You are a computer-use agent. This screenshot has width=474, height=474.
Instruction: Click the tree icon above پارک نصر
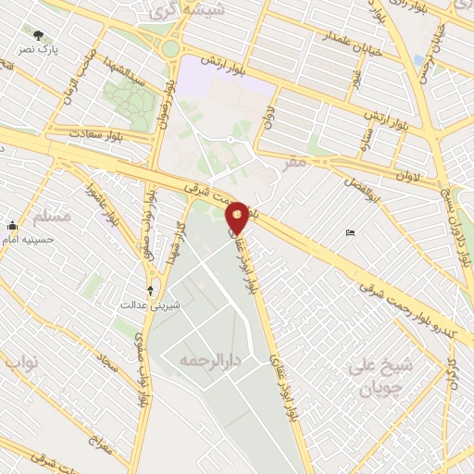click(x=38, y=34)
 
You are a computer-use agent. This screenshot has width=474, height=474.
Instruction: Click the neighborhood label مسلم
click(x=52, y=217)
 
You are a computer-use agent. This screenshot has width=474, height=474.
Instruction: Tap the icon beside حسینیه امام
click(x=11, y=225)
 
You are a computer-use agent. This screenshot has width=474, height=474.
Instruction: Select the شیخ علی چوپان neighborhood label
click(x=380, y=375)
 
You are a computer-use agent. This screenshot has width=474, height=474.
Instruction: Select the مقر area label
click(x=295, y=162)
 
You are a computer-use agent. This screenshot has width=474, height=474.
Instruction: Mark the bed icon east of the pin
click(x=350, y=232)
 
